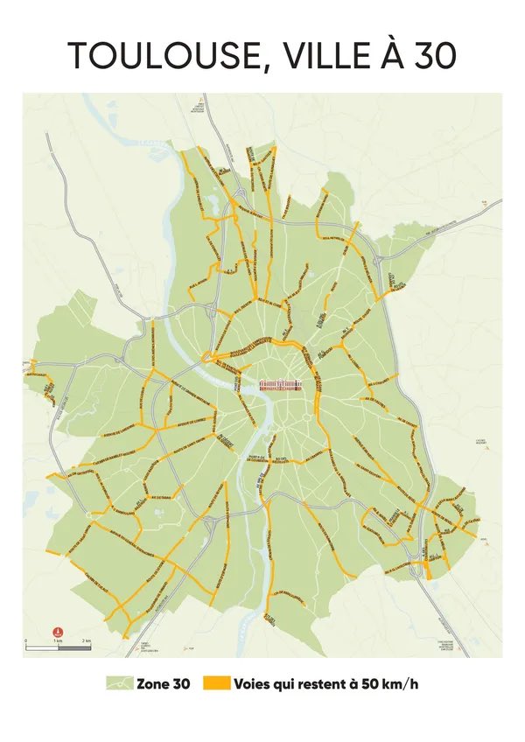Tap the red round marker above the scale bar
(x=58, y=631)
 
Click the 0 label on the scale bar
(x=26, y=643)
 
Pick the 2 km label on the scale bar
(x=87, y=643)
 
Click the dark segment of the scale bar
(x=42, y=638)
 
